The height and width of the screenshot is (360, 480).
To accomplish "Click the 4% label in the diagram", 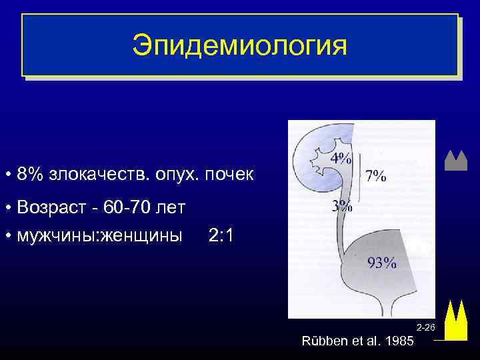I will pyautogui.click(x=341, y=159).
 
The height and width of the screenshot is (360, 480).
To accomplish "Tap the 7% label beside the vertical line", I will pyautogui.click(x=375, y=176).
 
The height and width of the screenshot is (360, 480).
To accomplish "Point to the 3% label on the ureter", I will pyautogui.click(x=342, y=206).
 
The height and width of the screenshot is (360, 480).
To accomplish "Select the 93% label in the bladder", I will pyautogui.click(x=382, y=263).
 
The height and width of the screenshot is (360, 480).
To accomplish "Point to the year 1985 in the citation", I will pyautogui.click(x=399, y=341).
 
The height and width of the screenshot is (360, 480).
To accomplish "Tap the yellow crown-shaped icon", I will pyautogui.click(x=455, y=319).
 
